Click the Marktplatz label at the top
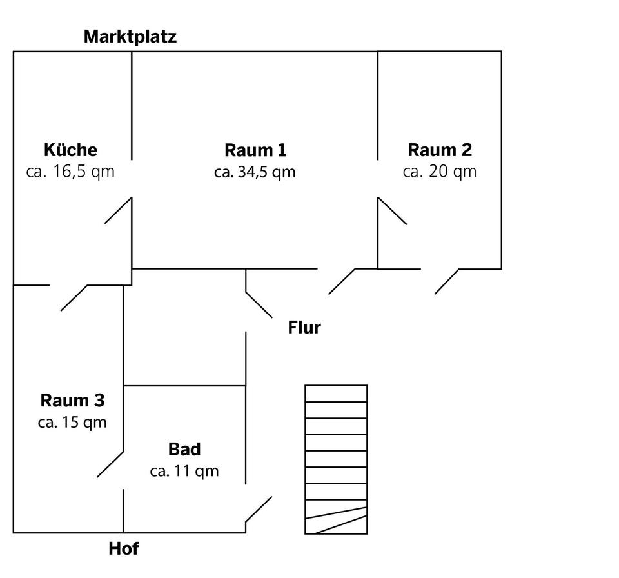(x=130, y=37)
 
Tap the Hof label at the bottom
(x=123, y=549)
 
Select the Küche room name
(x=70, y=150)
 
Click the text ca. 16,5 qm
(x=70, y=172)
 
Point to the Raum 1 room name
(x=255, y=150)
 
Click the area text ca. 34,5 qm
(x=255, y=172)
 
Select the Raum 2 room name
(x=440, y=150)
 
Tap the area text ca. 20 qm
(x=440, y=172)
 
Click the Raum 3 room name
(x=72, y=401)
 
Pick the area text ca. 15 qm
(x=72, y=423)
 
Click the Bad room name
(x=184, y=449)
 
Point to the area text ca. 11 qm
(x=184, y=471)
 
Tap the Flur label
(x=304, y=328)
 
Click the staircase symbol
(x=336, y=459)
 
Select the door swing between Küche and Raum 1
(x=119, y=211)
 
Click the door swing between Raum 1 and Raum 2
(x=392, y=212)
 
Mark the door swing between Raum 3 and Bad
(x=110, y=464)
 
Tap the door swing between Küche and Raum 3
(x=74, y=297)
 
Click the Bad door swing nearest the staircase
(x=259, y=509)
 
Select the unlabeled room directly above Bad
(x=184, y=327)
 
